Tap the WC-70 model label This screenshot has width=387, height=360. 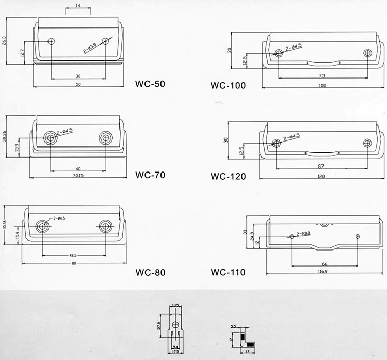(x=150, y=175)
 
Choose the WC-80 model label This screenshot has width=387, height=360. (x=150, y=272)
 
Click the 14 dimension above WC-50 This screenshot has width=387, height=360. (x=78, y=6)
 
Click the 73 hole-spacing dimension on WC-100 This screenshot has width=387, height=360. (x=322, y=75)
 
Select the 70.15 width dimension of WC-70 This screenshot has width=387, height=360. (x=78, y=175)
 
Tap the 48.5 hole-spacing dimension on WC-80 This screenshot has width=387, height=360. (x=73, y=255)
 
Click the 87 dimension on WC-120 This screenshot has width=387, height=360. (x=322, y=166)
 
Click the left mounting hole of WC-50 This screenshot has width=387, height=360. (x=52, y=41)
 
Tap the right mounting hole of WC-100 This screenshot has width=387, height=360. (x=367, y=53)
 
